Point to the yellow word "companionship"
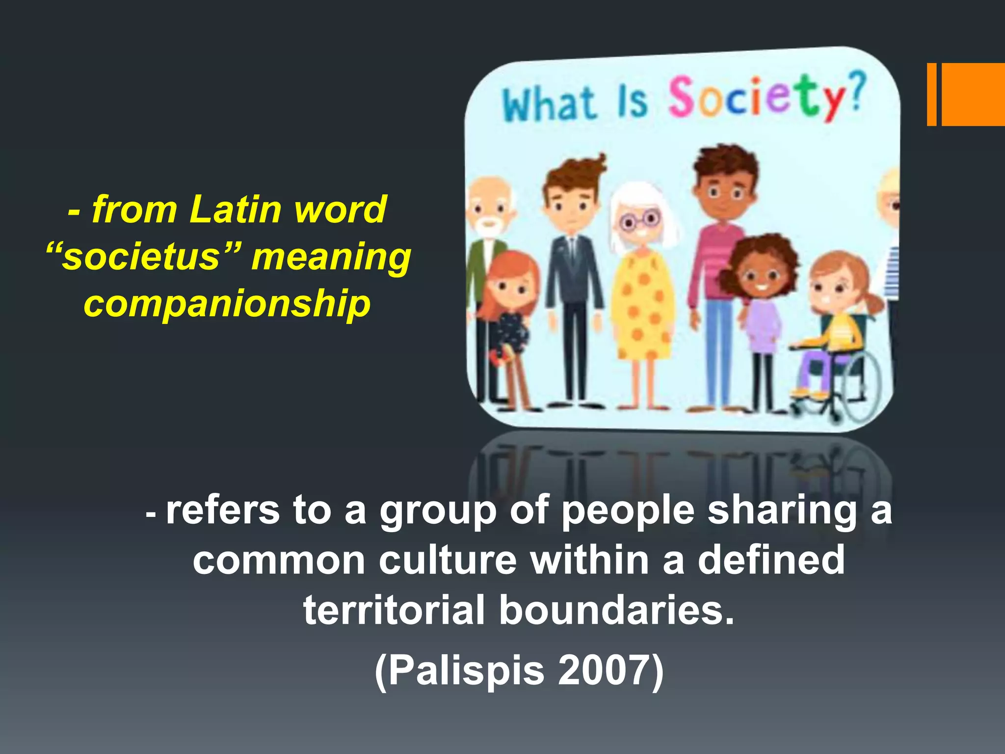227,304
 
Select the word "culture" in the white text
448,560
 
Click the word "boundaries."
617,610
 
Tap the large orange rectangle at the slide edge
973,94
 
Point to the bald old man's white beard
489,226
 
